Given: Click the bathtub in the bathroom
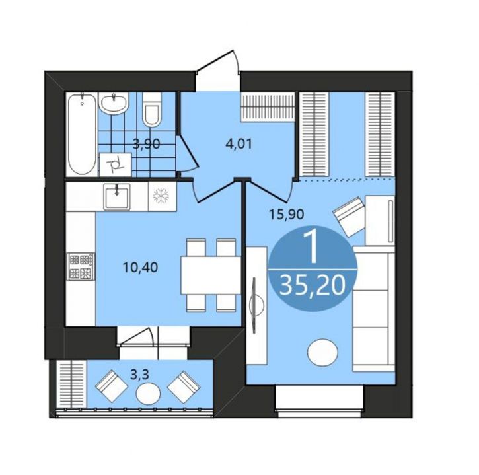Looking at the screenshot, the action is pos(82,134).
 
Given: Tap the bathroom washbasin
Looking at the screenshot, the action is pos(114,104).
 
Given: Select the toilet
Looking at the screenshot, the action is pos(151,109).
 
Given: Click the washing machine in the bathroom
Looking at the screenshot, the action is pos(115,164).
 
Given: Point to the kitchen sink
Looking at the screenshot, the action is pos(117,197).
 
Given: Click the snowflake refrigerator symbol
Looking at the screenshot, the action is pos(161,196).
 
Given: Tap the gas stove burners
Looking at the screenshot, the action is pos(81,266).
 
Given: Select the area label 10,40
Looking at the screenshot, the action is pos(140,268).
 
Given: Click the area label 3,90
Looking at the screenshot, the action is pos(146,143).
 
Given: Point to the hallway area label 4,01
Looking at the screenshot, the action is pos(239,144).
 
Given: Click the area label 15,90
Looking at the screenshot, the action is pos(286,215).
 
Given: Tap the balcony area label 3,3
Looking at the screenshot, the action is pos(139,375).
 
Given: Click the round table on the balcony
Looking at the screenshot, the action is pos(149,394).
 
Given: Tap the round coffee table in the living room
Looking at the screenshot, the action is pos(323,353).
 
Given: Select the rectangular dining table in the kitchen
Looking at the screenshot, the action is pos(211,275).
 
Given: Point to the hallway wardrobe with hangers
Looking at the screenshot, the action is pos(268,107).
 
